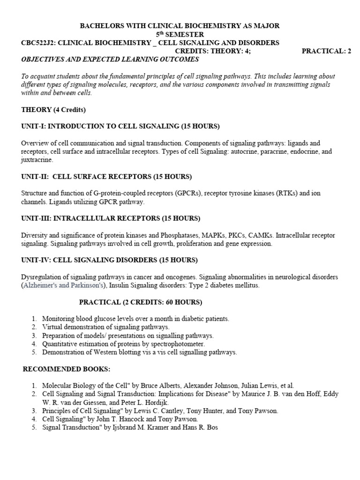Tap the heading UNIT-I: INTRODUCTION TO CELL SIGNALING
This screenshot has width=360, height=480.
(x=120, y=126)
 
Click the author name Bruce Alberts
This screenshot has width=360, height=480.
(x=135, y=385)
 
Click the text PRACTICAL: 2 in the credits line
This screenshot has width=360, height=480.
(x=326, y=51)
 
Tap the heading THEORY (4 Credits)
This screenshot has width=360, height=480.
(x=53, y=110)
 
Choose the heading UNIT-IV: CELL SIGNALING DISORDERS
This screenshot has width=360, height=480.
(x=109, y=260)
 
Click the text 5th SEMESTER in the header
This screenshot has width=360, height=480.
(x=180, y=35)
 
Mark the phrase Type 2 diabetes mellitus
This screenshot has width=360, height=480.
(x=216, y=285)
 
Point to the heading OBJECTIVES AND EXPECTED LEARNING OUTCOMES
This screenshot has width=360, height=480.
(x=110, y=60)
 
